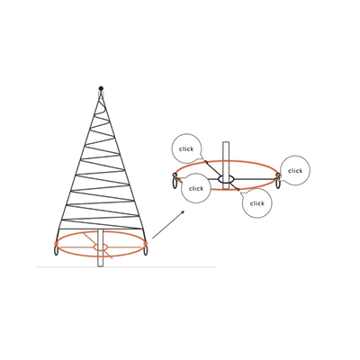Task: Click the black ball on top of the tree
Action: click(101, 88)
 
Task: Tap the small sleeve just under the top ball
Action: click(101, 94)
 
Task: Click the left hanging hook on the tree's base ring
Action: click(56, 250)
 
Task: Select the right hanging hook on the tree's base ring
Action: click(146, 250)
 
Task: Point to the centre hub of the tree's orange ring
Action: click(101, 247)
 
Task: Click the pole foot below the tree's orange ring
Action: click(101, 262)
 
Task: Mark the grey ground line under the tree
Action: click(126, 266)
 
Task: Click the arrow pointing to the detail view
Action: click(168, 225)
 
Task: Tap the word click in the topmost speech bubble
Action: click(186, 149)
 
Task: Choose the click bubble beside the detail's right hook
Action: click(295, 170)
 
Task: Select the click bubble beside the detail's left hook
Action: click(196, 188)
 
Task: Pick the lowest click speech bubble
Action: click(257, 203)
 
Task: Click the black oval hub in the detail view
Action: click(226, 179)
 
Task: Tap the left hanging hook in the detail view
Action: click(175, 182)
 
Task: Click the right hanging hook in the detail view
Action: click(279, 182)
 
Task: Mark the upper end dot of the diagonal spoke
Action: click(206, 162)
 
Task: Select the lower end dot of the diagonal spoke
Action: click(238, 190)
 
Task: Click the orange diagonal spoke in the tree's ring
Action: click(98, 245)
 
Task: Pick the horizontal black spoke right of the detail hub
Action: click(256, 179)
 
